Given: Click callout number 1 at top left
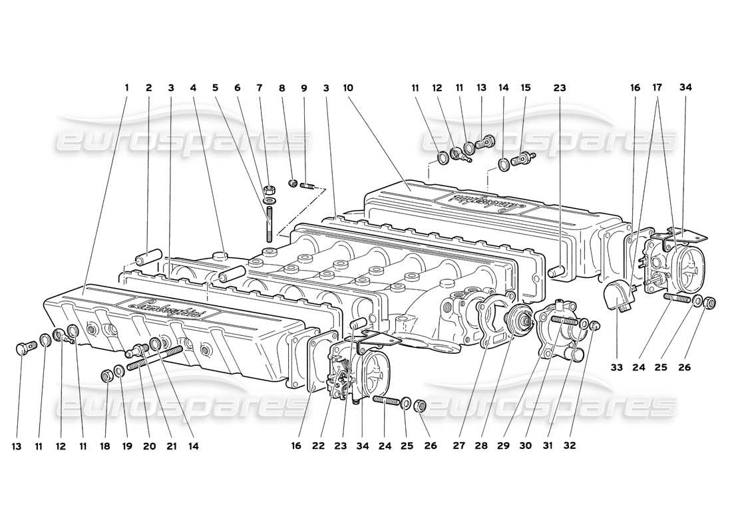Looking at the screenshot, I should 127,87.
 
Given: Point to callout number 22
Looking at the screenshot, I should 319,446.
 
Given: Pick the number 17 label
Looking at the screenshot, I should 658,87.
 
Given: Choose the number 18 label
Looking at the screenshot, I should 105,446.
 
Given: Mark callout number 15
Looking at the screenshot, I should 526,87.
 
